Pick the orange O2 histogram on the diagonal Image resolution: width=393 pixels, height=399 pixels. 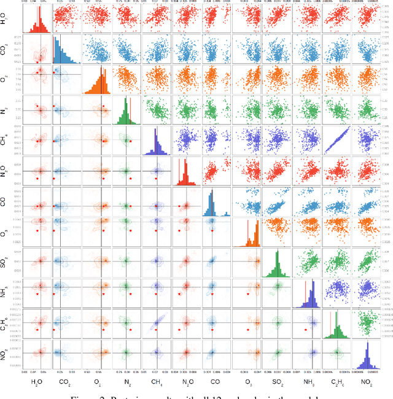(96, 80)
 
